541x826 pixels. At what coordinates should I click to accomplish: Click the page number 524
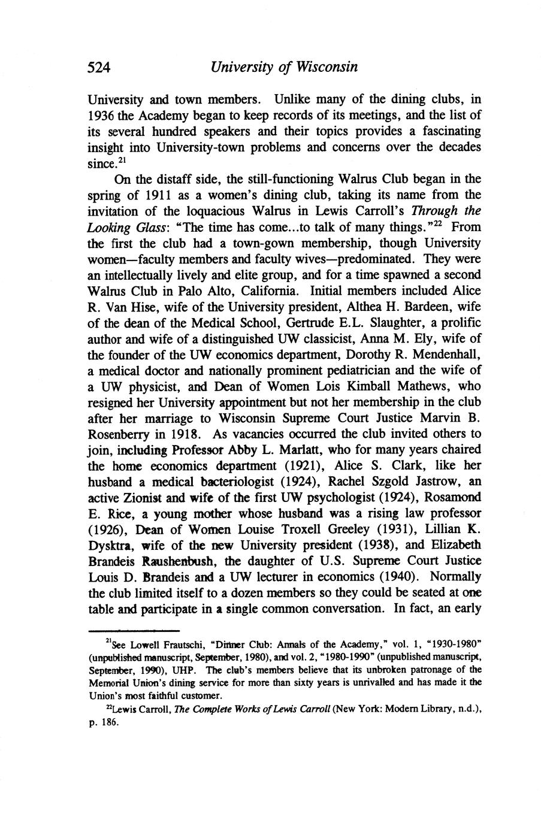point(99,67)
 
